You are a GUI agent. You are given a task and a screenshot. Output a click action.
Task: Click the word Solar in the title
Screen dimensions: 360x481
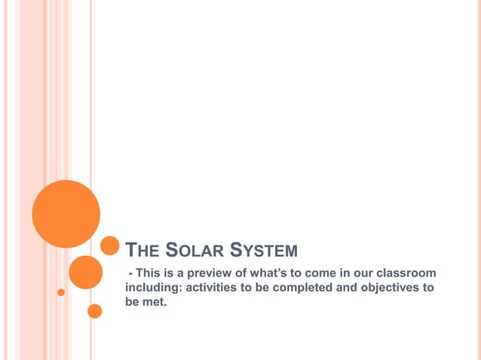(x=194, y=249)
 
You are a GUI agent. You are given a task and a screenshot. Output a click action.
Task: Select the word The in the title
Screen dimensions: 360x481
(x=141, y=249)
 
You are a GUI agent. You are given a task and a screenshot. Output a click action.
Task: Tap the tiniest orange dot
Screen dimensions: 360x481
(x=61, y=292)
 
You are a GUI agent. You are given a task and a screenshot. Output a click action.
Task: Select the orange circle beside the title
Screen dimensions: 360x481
(x=110, y=246)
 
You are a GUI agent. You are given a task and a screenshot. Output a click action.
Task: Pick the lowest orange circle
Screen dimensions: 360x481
(x=95, y=311)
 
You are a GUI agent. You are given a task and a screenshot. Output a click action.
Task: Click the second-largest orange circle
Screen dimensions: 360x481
(x=85, y=272)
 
